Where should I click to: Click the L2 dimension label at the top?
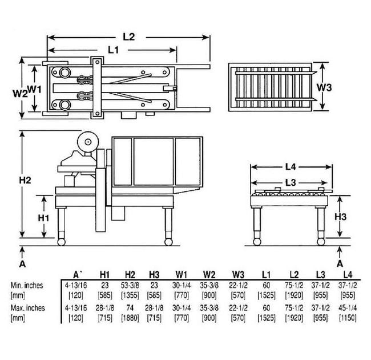[129, 37]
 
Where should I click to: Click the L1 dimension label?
[114, 50]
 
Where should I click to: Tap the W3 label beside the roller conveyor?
[324, 87]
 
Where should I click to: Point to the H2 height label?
[25, 180]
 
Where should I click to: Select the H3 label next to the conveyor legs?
[341, 217]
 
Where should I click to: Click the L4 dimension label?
[291, 167]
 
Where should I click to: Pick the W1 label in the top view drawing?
[35, 89]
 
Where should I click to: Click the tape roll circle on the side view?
[88, 142]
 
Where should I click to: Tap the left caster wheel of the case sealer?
[61, 242]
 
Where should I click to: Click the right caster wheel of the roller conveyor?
[321, 242]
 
